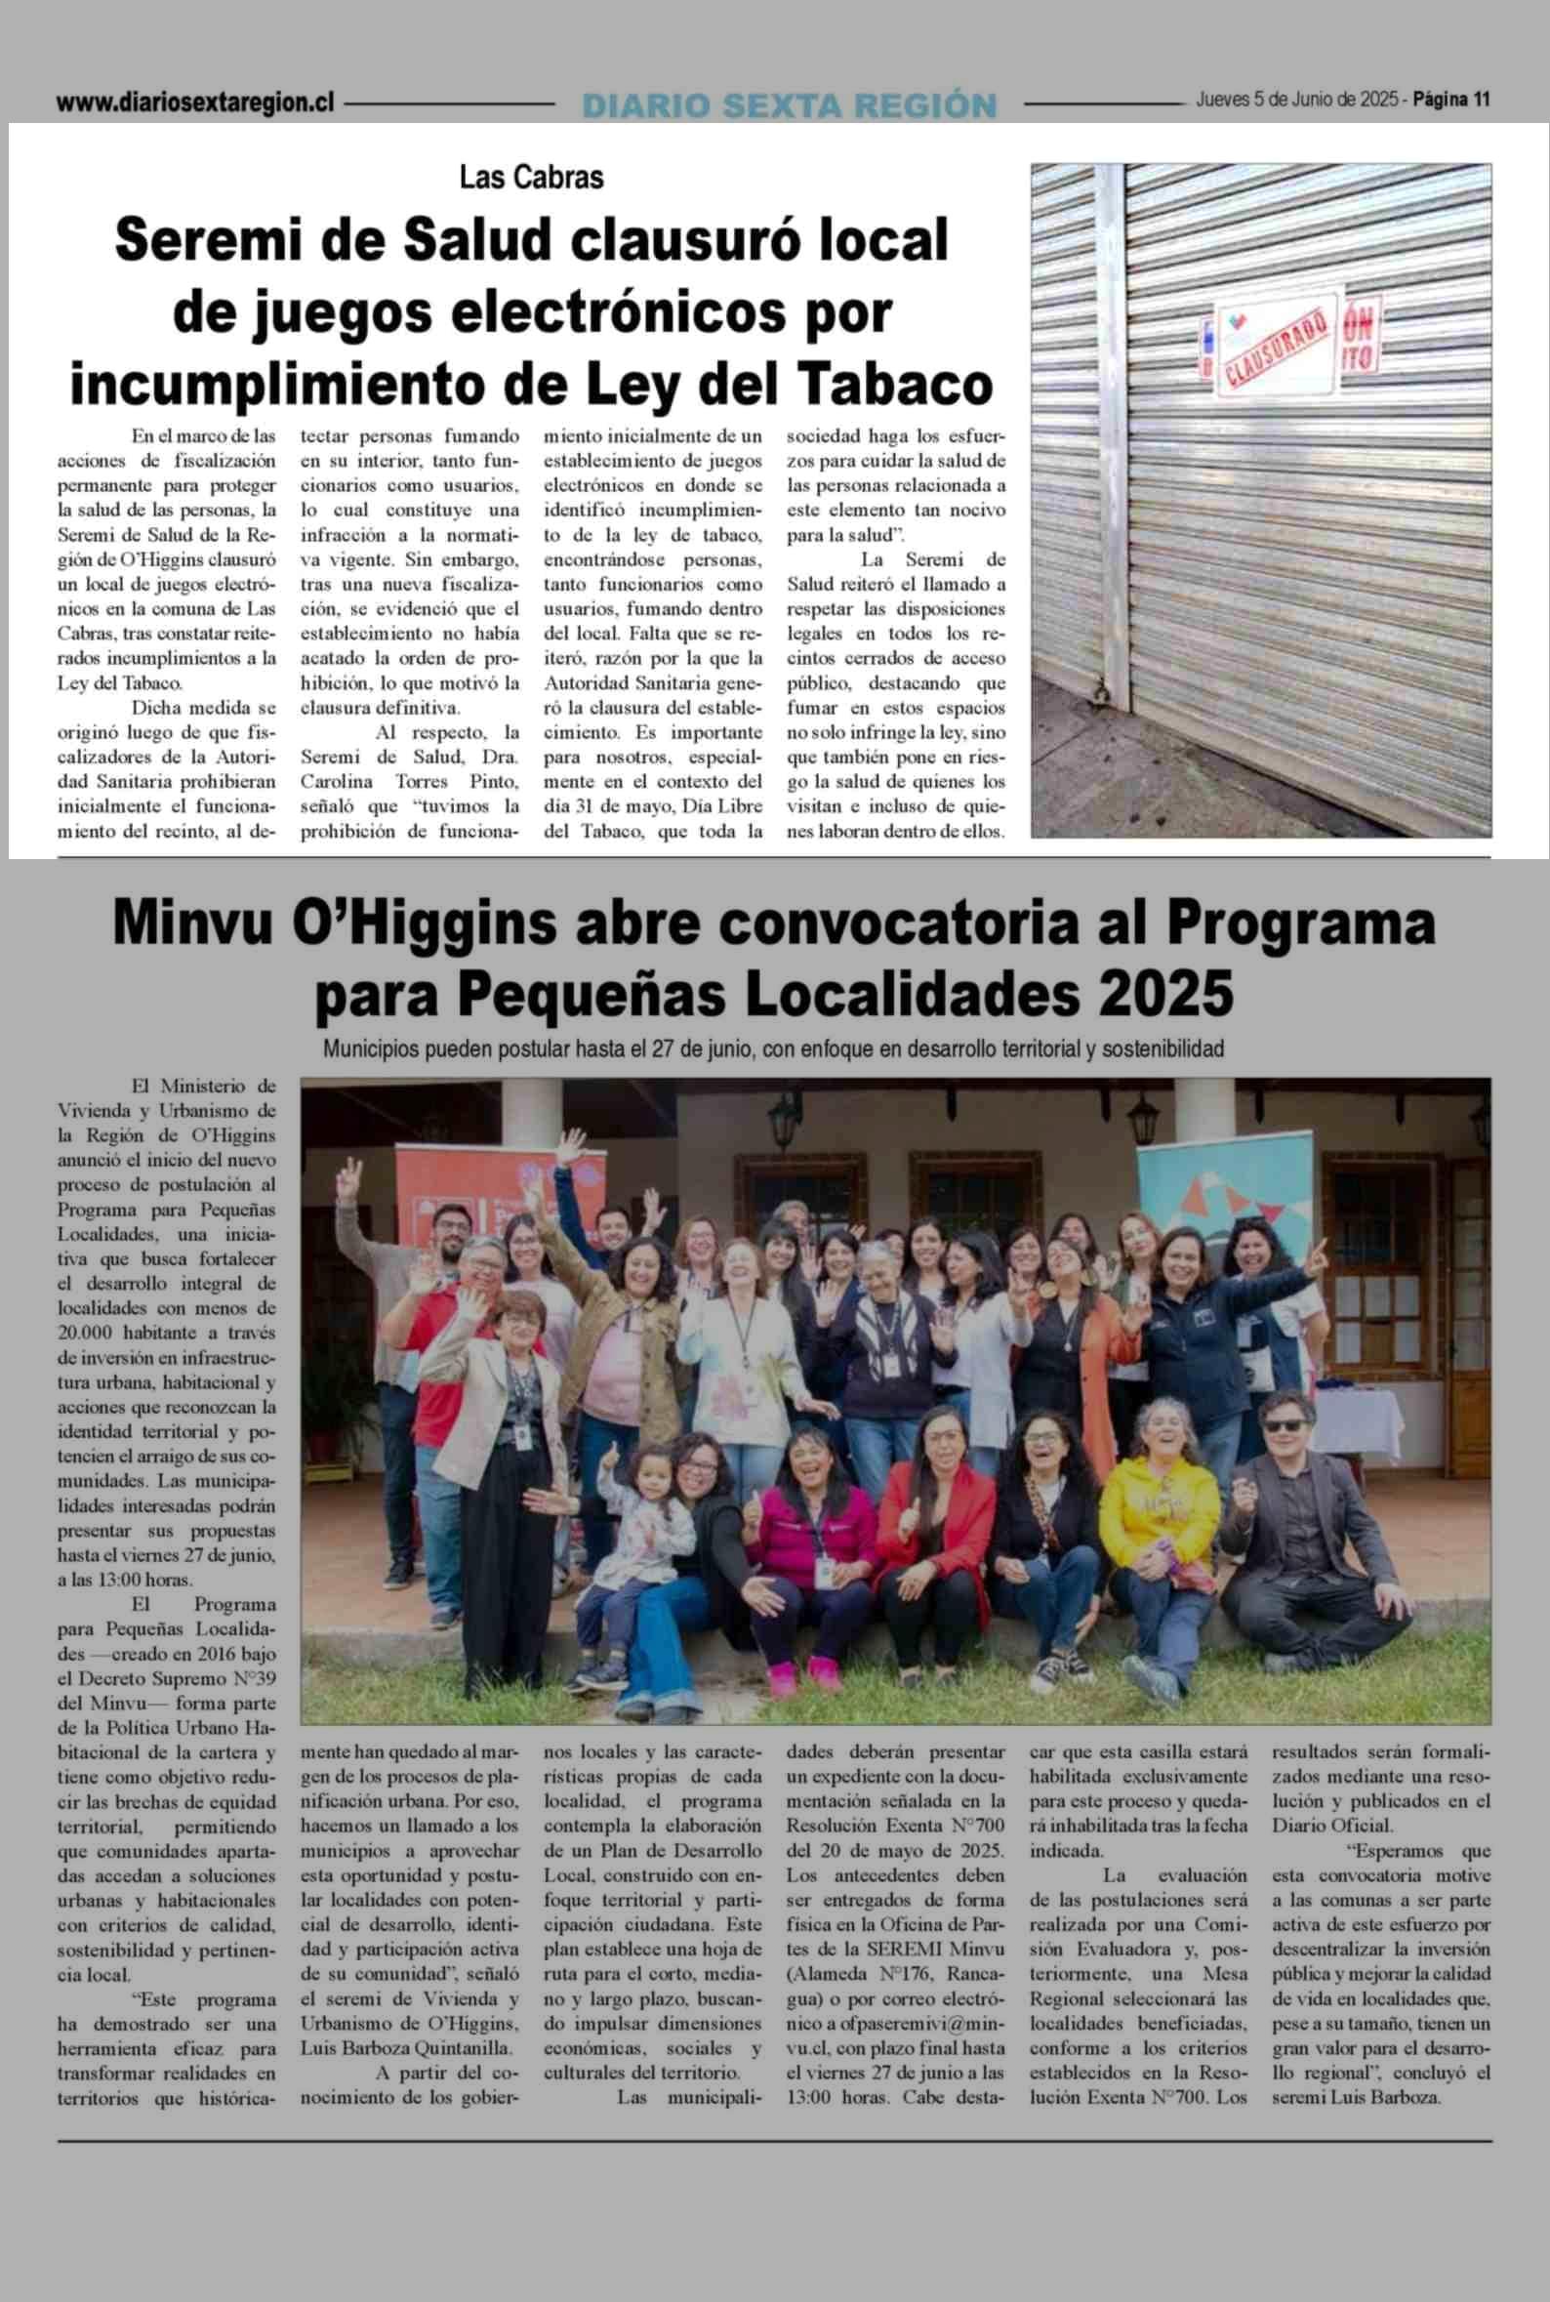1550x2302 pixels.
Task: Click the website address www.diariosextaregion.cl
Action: pos(196,103)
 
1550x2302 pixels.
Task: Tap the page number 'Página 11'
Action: pos(1451,100)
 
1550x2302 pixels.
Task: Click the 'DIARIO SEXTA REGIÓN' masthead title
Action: pos(789,104)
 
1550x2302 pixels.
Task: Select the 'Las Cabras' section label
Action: pos(532,178)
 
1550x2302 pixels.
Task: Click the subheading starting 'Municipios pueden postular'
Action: pos(773,1048)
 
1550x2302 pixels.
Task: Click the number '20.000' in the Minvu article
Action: pos(86,1333)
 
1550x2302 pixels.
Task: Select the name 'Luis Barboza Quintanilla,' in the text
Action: pos(407,2048)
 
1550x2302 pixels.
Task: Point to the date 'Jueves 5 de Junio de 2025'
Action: pos(1298,100)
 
